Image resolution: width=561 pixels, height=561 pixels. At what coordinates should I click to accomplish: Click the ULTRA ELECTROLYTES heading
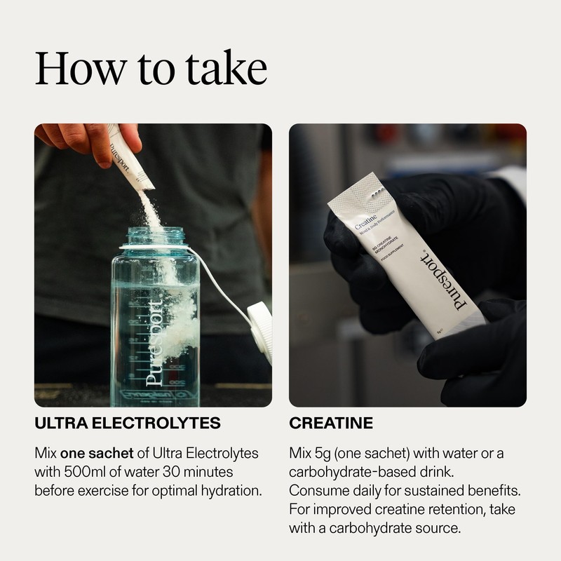(128, 424)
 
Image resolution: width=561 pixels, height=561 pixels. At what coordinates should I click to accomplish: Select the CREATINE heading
(331, 424)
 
